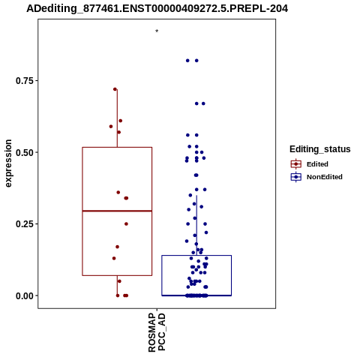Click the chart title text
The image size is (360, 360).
[157, 8]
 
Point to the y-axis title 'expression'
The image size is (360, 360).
[8, 163]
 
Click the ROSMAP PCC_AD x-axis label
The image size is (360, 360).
[157, 333]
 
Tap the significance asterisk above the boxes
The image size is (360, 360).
[157, 31]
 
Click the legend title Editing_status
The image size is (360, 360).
[320, 149]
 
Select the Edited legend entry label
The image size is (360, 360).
[317, 164]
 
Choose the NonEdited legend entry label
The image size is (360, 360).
[325, 177]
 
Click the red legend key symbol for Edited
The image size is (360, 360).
[296, 164]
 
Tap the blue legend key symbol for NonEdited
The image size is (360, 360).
[296, 177]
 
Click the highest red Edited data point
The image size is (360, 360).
[115, 89]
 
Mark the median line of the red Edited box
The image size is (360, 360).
[117, 211]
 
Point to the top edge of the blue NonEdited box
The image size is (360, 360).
[196, 255]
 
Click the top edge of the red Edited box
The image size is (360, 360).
[117, 148]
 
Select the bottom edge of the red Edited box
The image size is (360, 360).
[117, 275]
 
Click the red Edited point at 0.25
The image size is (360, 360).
[126, 224]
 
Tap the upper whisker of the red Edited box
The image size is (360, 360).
[117, 118]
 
